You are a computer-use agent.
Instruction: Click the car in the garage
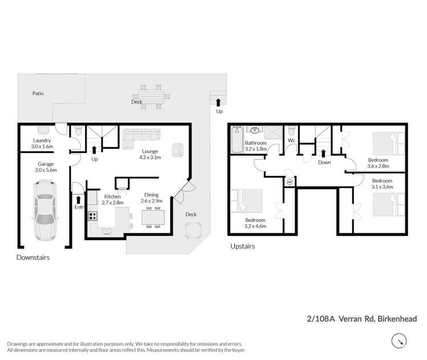[45, 210]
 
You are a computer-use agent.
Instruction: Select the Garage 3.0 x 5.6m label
[46, 167]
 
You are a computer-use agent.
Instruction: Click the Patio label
[38, 93]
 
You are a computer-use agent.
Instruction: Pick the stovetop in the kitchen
[93, 217]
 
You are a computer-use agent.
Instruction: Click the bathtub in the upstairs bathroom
[236, 140]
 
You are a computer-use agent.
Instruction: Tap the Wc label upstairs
[291, 140]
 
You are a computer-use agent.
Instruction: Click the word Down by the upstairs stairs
[324, 162]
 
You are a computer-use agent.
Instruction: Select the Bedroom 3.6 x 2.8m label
[377, 163]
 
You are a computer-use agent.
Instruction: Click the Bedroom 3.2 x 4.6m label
[255, 223]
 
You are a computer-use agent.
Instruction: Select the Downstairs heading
[32, 258]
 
